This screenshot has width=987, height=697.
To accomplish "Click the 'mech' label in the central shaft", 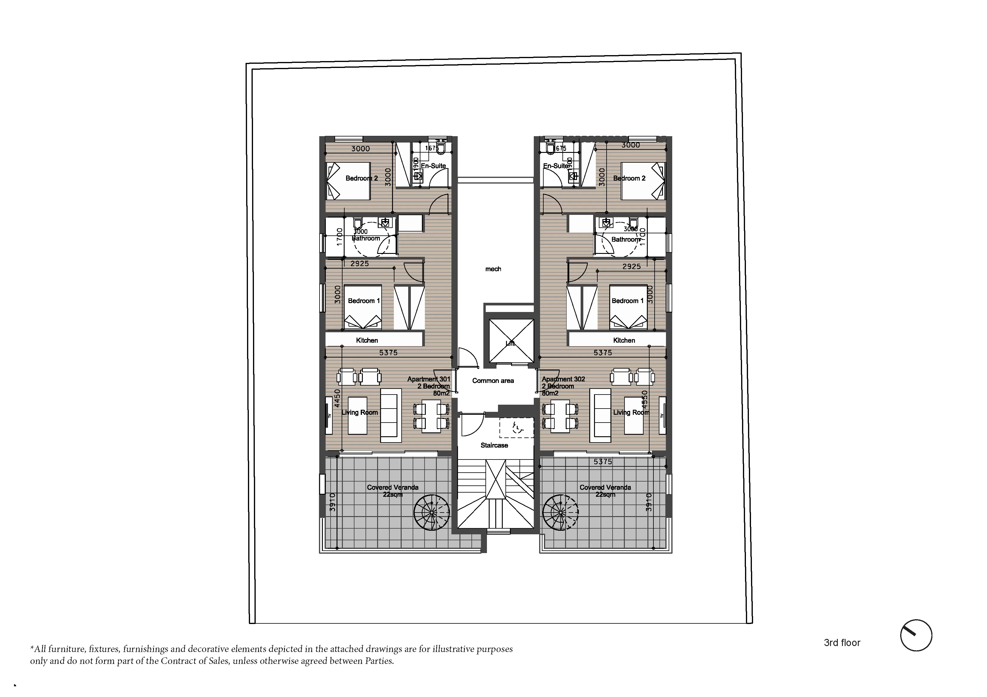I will [493, 269].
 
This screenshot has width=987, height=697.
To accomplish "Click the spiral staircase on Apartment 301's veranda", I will [432, 512].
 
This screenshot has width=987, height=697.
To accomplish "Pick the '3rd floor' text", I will [842, 643].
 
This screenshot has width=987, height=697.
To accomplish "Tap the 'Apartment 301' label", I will [428, 379].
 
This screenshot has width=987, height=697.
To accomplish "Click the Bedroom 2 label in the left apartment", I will [362, 178].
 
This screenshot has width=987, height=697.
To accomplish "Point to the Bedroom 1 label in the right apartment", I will [627, 301].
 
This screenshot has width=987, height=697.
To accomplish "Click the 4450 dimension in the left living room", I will [337, 398].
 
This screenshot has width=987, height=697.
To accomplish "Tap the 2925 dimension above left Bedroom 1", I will [359, 264].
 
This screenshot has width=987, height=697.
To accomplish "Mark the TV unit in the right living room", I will [662, 415].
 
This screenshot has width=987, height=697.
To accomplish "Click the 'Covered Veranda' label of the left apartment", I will [392, 488].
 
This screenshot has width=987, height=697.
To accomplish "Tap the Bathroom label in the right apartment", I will [625, 239].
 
